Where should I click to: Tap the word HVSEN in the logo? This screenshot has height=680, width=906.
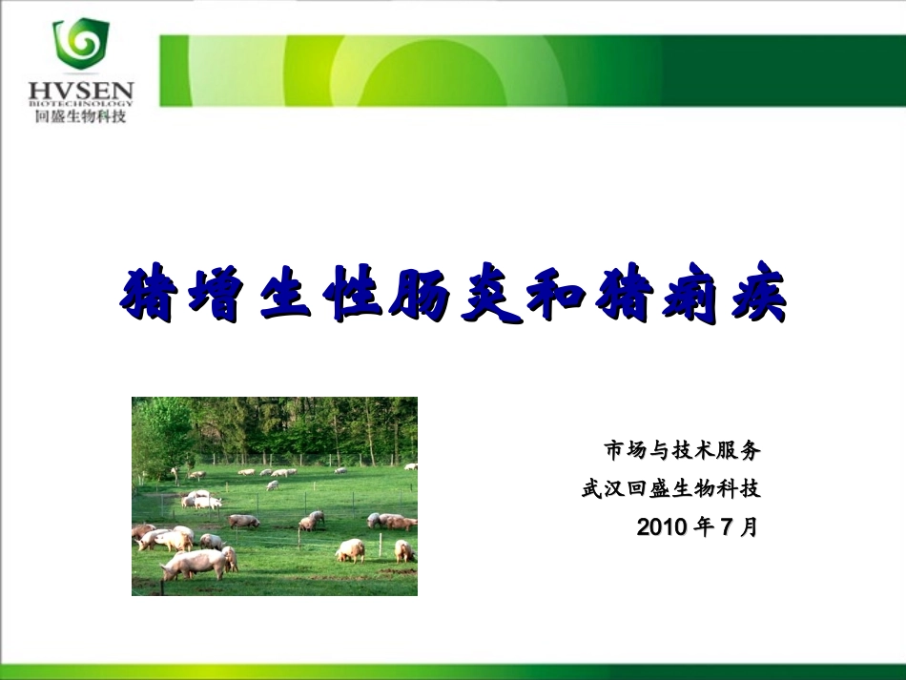[x=81, y=91]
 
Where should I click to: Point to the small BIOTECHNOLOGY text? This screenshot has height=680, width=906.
[x=81, y=104]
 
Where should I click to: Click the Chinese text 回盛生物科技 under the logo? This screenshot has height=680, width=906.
[x=80, y=116]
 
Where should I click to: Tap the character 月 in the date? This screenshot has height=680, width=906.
[x=749, y=526]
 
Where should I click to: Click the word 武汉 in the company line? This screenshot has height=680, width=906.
[x=604, y=488]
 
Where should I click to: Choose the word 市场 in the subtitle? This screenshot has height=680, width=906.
[x=626, y=450]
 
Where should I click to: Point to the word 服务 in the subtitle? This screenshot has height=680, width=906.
[x=738, y=450]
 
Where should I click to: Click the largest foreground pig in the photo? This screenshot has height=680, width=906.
[x=194, y=564]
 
